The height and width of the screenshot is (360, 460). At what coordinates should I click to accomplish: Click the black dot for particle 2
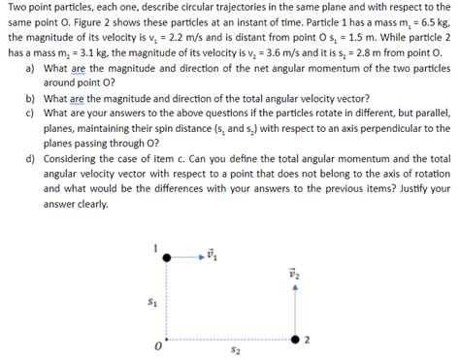click(295, 339)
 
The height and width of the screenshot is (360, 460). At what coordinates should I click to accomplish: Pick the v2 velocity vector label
click(295, 275)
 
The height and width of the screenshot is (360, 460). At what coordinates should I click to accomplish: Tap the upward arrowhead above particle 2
click(295, 289)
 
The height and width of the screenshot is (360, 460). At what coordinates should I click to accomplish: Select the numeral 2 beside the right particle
click(308, 339)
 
